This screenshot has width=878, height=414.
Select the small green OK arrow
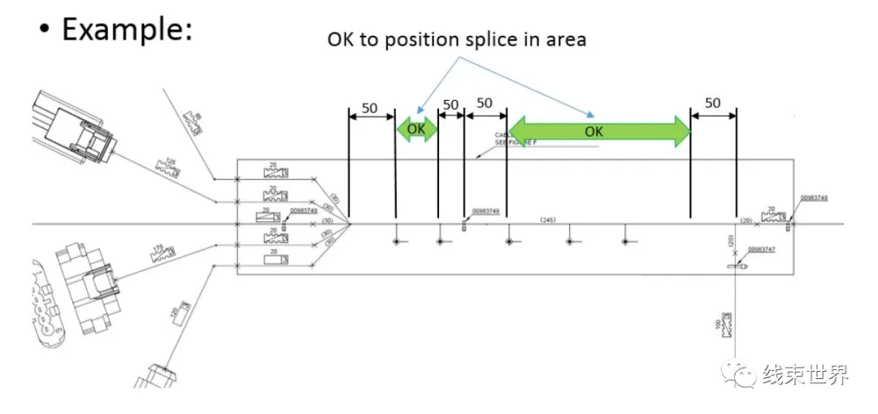coord(416,129)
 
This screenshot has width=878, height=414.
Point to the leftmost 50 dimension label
coord(370,107)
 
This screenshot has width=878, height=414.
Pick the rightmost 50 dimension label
coord(712,103)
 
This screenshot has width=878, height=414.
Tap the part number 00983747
coord(761,250)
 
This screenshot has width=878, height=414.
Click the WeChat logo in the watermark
coord(742,375)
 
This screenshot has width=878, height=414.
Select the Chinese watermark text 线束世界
coord(805,375)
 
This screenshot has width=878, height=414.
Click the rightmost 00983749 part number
coord(814,198)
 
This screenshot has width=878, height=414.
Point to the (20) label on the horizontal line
coord(745,220)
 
